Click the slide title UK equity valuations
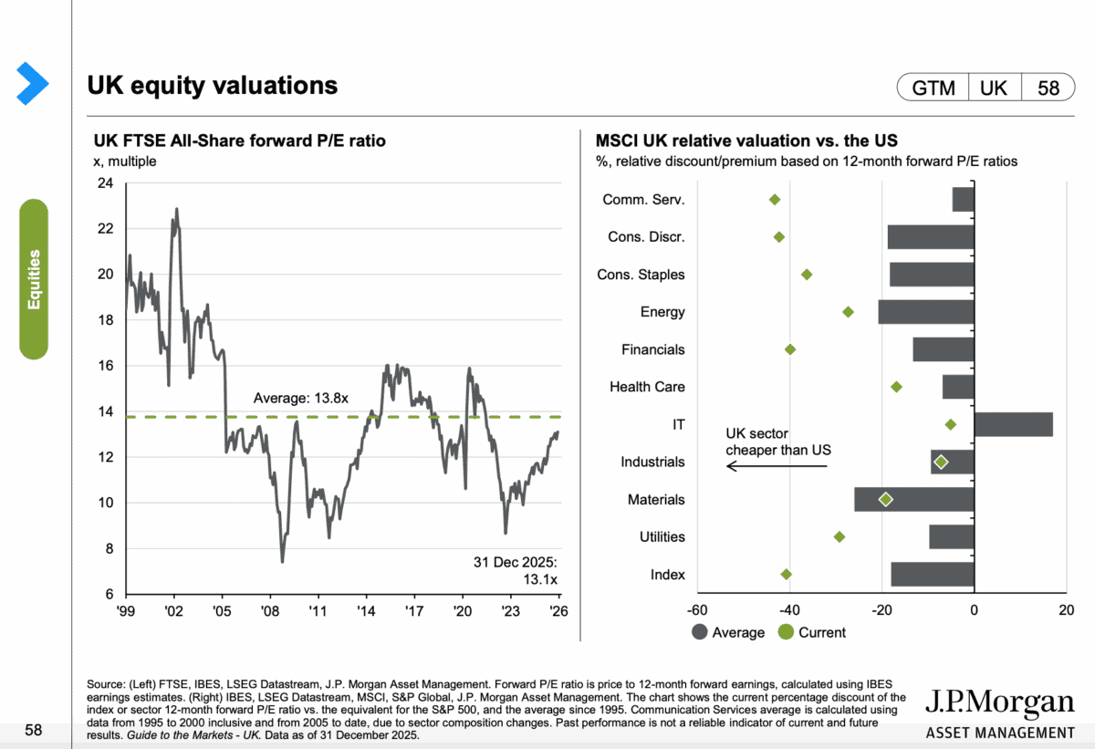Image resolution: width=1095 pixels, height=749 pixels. (213, 86)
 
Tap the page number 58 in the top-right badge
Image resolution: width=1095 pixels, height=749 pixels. (1048, 88)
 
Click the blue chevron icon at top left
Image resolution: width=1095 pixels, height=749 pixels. (33, 83)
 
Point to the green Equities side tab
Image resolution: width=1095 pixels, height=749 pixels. (34, 279)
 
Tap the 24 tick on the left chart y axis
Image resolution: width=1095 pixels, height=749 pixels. (106, 183)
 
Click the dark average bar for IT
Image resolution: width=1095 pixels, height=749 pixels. (1013, 424)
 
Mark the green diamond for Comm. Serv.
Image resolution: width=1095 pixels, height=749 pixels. (775, 200)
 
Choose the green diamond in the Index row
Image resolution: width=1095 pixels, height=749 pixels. (787, 574)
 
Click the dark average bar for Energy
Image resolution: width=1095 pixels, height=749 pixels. (926, 312)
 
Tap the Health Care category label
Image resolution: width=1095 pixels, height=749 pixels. (647, 387)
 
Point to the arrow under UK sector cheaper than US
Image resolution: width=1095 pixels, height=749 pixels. (777, 466)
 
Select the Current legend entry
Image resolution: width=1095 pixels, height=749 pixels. (811, 632)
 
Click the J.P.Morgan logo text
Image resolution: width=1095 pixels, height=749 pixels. (999, 703)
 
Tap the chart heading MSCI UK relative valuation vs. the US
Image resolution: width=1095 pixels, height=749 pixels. (746, 141)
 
